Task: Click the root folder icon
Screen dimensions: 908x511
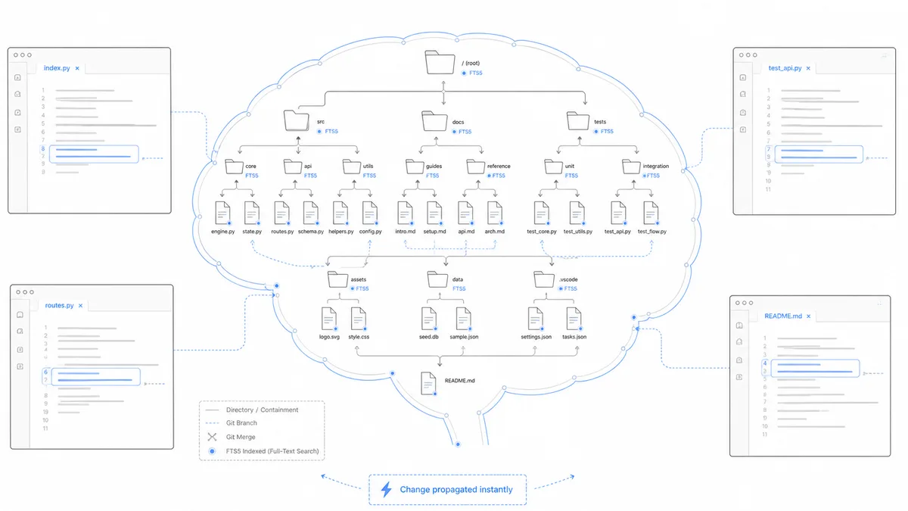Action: (x=440, y=62)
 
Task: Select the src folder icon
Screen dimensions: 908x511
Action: (x=297, y=120)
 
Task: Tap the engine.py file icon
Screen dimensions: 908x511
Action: (x=222, y=213)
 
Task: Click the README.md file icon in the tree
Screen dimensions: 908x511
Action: (x=428, y=383)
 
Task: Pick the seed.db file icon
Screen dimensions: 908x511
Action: (x=429, y=319)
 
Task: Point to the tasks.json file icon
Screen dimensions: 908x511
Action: (x=574, y=319)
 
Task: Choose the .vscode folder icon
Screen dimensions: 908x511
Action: (x=544, y=279)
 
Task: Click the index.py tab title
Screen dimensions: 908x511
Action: (x=57, y=68)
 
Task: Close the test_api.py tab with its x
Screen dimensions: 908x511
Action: (x=808, y=69)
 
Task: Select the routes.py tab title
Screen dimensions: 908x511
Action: (x=59, y=305)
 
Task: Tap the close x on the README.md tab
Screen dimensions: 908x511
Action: (x=808, y=316)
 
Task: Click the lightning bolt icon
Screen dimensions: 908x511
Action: (x=387, y=490)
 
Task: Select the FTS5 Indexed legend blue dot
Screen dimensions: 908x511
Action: (x=212, y=451)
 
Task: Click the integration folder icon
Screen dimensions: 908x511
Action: (x=631, y=167)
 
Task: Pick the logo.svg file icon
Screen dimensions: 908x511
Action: (x=328, y=319)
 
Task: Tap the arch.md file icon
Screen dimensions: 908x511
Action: (x=495, y=213)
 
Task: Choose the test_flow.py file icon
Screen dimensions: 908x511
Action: (x=651, y=213)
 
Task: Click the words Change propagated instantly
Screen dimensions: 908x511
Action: (x=456, y=490)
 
